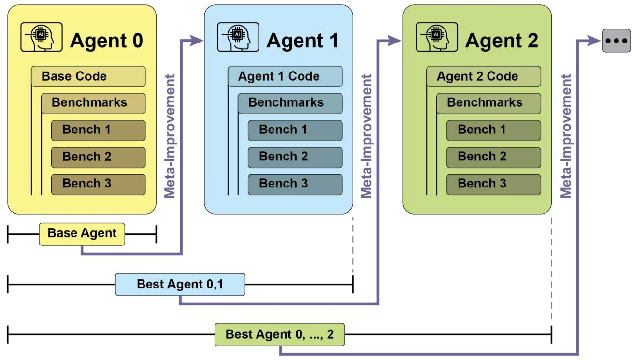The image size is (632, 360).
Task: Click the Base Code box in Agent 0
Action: point(88,76)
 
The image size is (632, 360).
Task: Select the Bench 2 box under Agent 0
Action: point(98,157)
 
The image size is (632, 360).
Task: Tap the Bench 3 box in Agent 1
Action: point(295,184)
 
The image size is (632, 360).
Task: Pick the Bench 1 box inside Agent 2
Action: point(493,130)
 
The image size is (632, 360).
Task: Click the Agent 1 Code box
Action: point(285,76)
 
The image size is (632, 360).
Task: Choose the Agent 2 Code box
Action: point(484,76)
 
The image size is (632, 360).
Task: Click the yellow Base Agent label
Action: point(82,234)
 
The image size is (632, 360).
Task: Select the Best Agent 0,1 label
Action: point(180,284)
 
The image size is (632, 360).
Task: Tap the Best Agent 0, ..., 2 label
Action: point(279,334)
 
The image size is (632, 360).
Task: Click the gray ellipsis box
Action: point(616,41)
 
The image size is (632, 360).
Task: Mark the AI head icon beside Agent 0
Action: point(42,37)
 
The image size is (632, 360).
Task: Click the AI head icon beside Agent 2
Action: point(436,37)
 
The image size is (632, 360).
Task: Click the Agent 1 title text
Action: point(302,41)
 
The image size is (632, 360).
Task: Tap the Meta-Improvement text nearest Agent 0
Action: point(169,136)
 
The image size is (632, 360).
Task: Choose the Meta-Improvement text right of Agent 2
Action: point(566,136)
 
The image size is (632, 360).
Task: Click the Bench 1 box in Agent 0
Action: point(98,130)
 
